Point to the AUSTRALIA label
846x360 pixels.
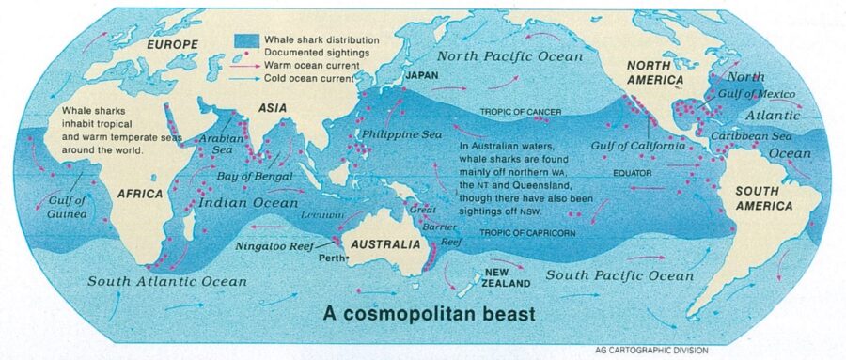(x=385, y=244)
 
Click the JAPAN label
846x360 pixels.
(x=422, y=73)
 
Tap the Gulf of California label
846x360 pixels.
(x=638, y=147)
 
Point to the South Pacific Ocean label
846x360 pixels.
(x=620, y=275)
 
